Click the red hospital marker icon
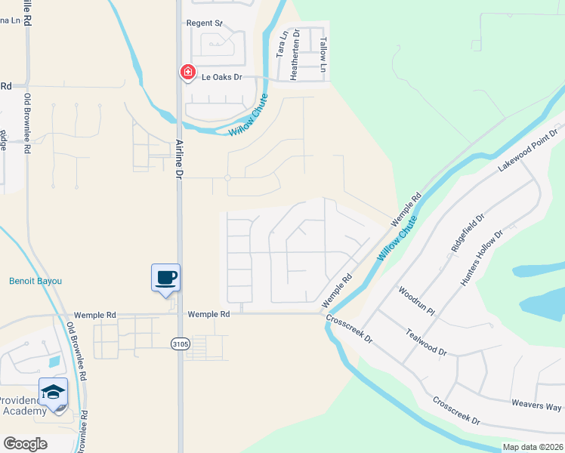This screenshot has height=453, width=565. [x=186, y=72]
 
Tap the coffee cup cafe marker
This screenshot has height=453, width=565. [x=165, y=278]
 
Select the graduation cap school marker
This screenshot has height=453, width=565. [x=53, y=393]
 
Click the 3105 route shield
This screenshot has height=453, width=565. [x=180, y=343]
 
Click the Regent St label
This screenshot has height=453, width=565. [x=204, y=23]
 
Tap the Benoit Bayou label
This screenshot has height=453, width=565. [x=35, y=281]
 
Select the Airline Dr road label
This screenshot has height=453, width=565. [x=180, y=157]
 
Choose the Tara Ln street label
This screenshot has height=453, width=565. [x=282, y=45]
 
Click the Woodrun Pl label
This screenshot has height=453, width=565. [x=416, y=300]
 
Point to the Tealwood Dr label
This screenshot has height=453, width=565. [x=426, y=341]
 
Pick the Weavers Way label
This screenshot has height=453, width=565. [x=537, y=405]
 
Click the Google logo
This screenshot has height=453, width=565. [x=25, y=444]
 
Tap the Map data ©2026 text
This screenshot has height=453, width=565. [x=532, y=447]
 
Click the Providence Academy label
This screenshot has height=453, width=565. [x=23, y=404]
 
